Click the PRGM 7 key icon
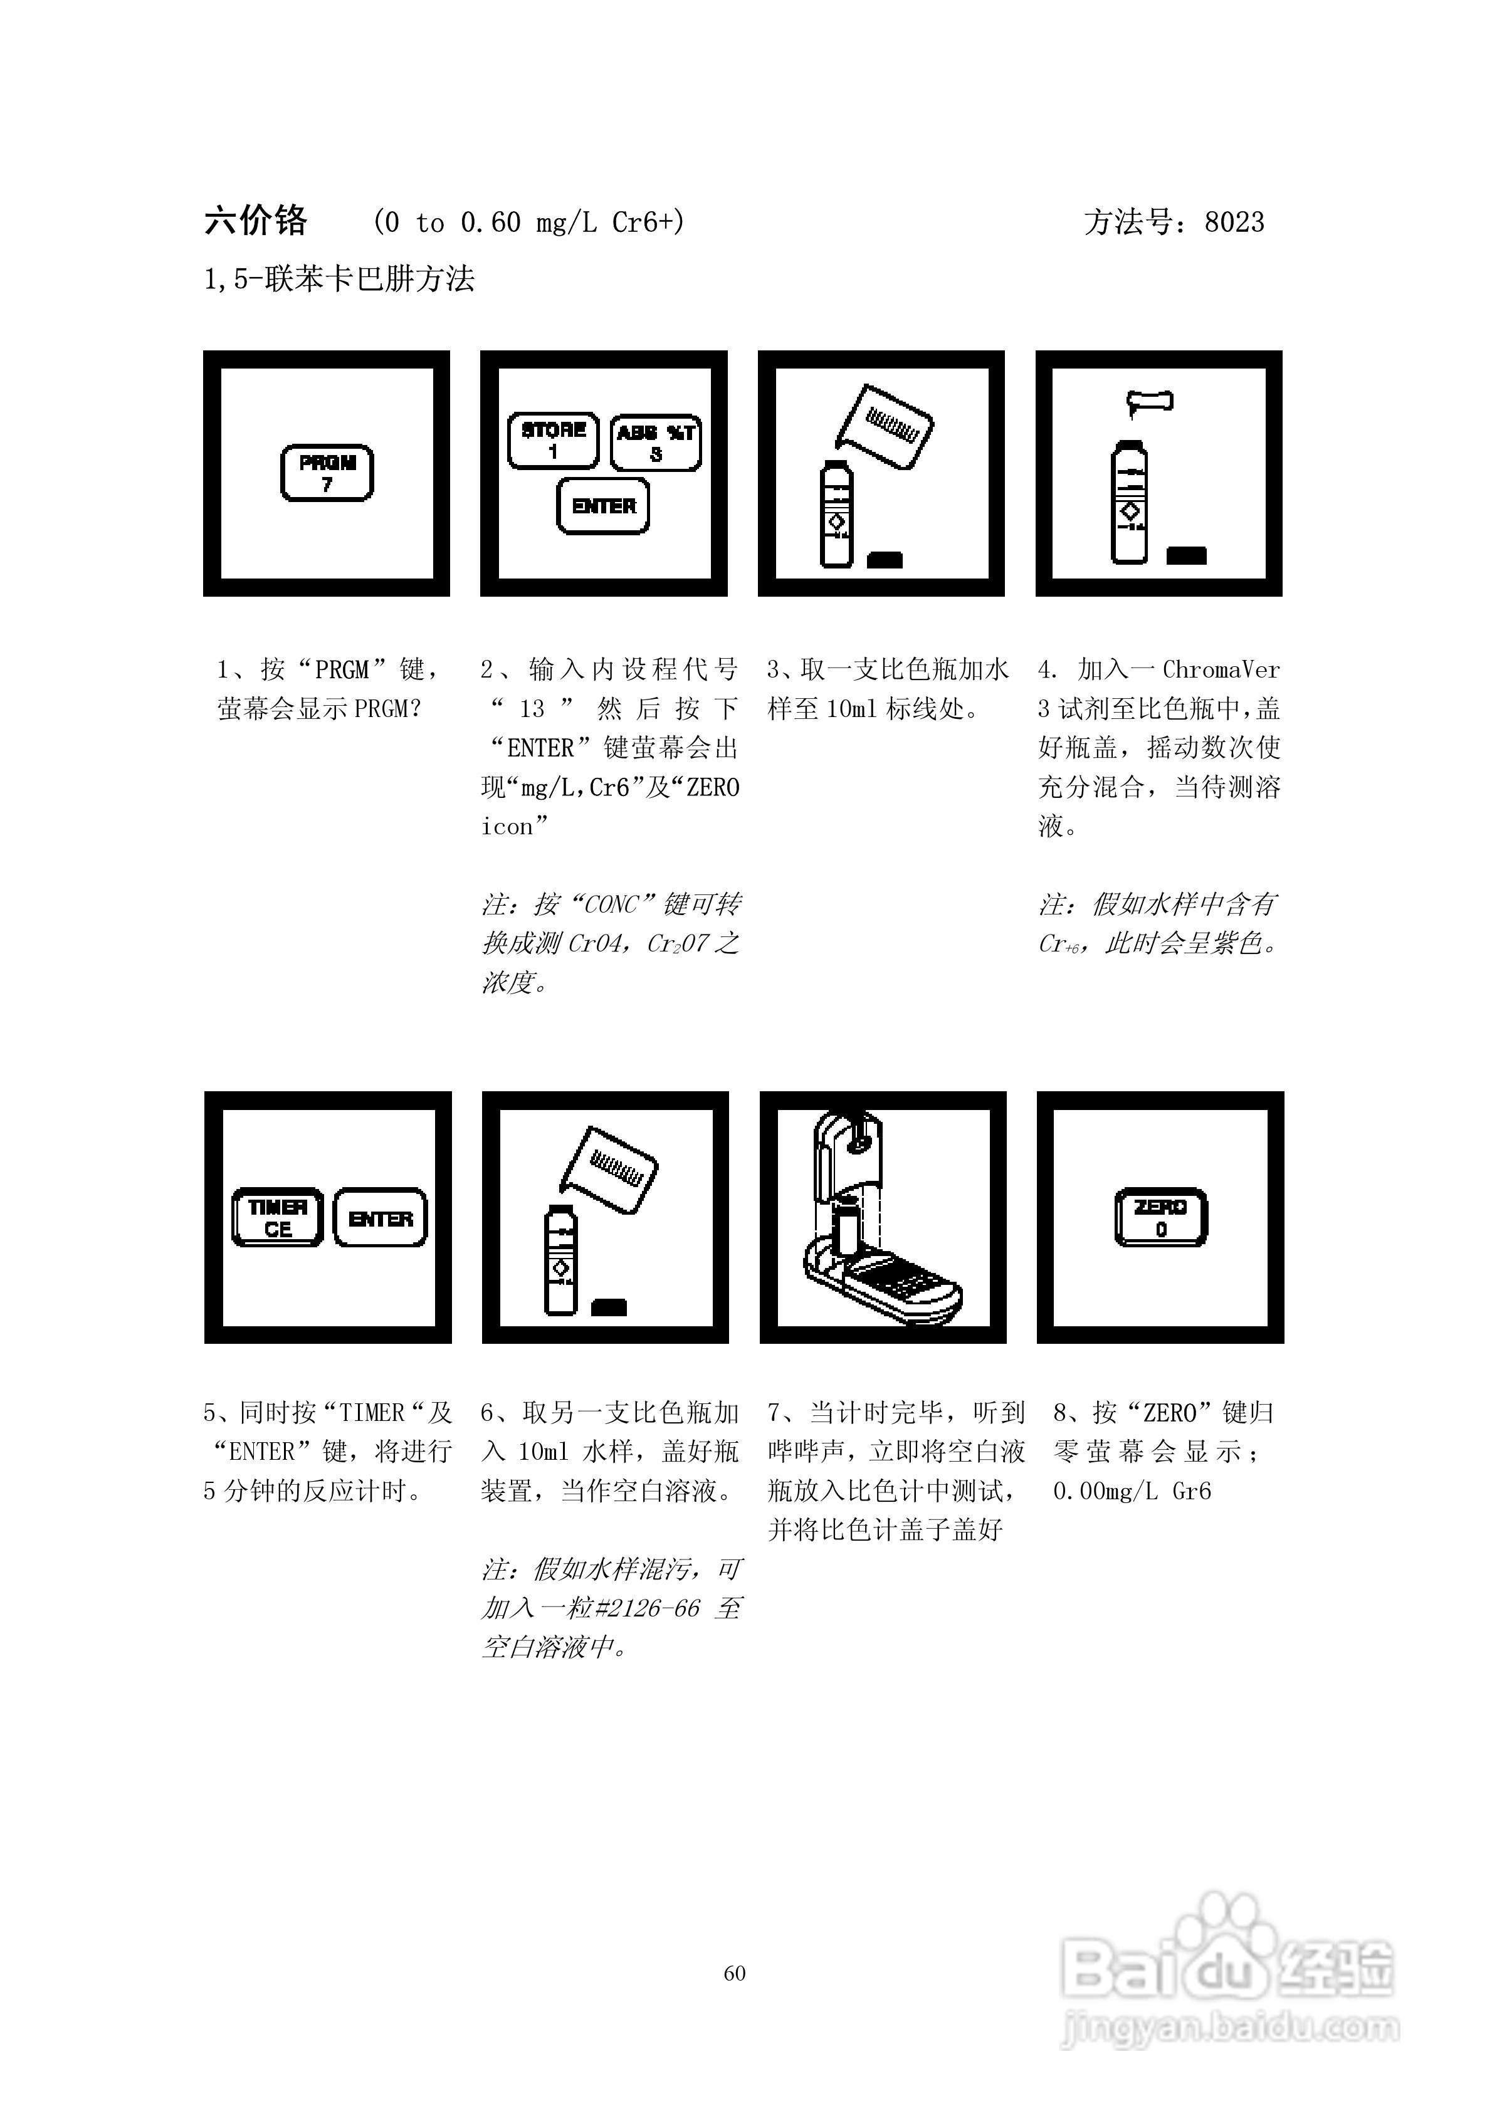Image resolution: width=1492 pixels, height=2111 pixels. (327, 473)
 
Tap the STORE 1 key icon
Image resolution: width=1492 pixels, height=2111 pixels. (553, 441)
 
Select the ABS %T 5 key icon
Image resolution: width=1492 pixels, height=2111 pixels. (656, 443)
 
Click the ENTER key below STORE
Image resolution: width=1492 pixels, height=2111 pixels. (604, 506)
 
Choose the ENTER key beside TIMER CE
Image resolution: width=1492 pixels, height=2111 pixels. (380, 1218)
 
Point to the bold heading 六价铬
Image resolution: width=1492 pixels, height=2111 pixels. (256, 221)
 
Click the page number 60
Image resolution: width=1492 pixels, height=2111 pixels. (735, 1973)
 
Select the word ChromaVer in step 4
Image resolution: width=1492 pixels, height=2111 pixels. (1221, 669)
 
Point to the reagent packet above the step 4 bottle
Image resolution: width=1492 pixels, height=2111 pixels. (1150, 401)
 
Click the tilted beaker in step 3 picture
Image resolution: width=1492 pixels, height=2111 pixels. (885, 427)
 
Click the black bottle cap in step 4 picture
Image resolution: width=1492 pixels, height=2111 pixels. (1185, 555)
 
